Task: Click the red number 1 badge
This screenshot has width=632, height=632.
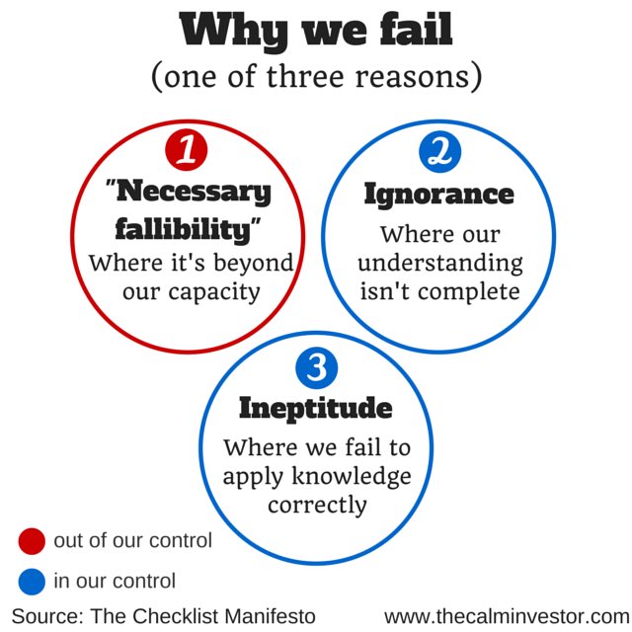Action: pos(186,151)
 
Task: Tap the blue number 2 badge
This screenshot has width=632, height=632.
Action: pos(439,151)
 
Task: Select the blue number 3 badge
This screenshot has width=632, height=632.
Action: pos(316,370)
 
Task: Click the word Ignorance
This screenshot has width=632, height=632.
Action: pos(438,194)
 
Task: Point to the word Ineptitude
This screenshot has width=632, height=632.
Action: pos(315,408)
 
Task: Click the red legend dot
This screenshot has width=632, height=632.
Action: pos(32,541)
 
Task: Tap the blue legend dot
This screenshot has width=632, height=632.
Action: pos(32,582)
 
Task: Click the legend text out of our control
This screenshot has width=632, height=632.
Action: pos(132,541)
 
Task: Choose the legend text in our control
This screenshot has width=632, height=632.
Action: pos(115,582)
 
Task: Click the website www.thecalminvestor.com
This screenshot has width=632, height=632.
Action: pos(506,615)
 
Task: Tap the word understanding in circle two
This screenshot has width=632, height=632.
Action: pos(439,264)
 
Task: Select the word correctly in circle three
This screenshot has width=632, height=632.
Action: pos(316,505)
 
